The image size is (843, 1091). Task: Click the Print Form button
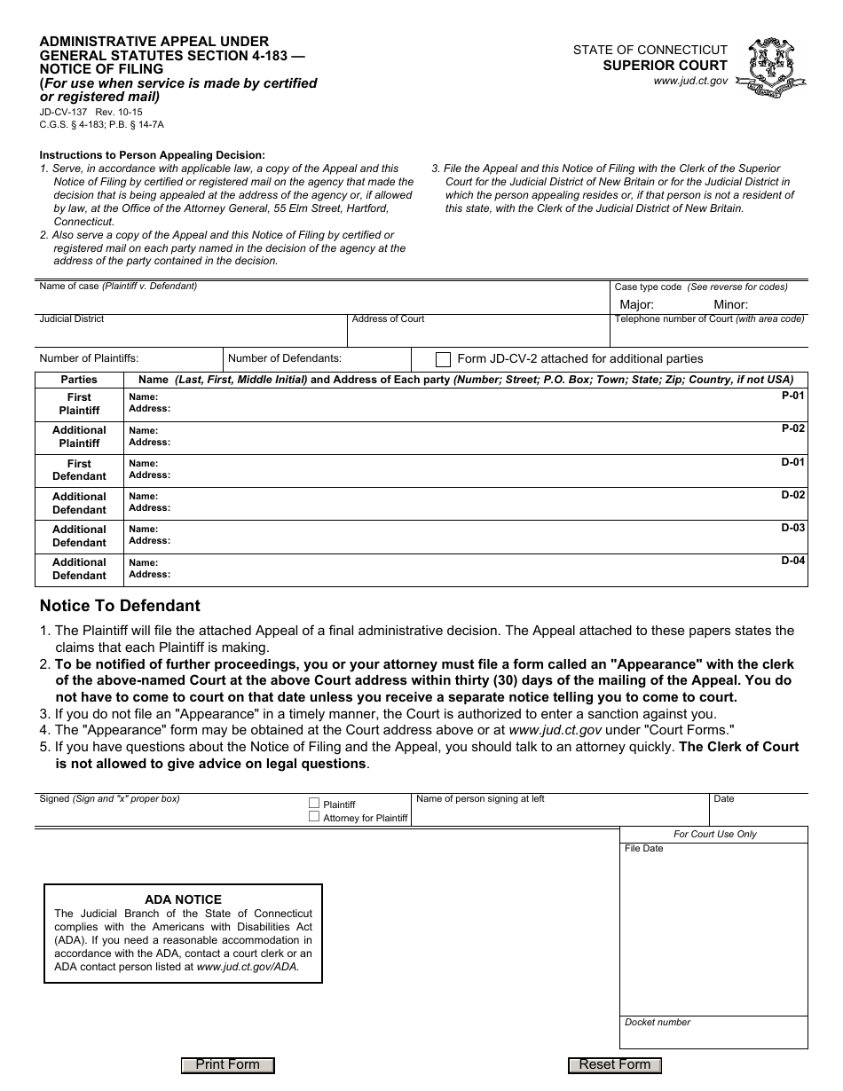[x=227, y=1065]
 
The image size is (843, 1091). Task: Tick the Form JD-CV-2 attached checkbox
[x=443, y=359]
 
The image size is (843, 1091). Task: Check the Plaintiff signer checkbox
[x=314, y=803]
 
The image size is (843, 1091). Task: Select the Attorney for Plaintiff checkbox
[x=314, y=817]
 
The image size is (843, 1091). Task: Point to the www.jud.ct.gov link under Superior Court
[x=690, y=81]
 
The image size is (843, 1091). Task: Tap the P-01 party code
[x=792, y=396]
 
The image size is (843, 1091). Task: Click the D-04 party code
[x=792, y=561]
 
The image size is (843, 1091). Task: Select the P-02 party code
[x=792, y=428]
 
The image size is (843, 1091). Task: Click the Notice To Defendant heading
[x=120, y=606]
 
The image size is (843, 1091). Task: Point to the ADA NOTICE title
[x=183, y=899]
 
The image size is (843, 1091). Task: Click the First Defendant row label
[x=79, y=470]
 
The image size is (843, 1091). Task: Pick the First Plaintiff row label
[x=79, y=404]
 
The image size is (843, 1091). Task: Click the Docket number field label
[x=658, y=1022]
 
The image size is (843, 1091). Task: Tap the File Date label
[x=643, y=849]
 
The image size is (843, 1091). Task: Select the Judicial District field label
[x=72, y=319]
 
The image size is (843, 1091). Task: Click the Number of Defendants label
[x=285, y=358]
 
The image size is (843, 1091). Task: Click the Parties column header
[x=79, y=380]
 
